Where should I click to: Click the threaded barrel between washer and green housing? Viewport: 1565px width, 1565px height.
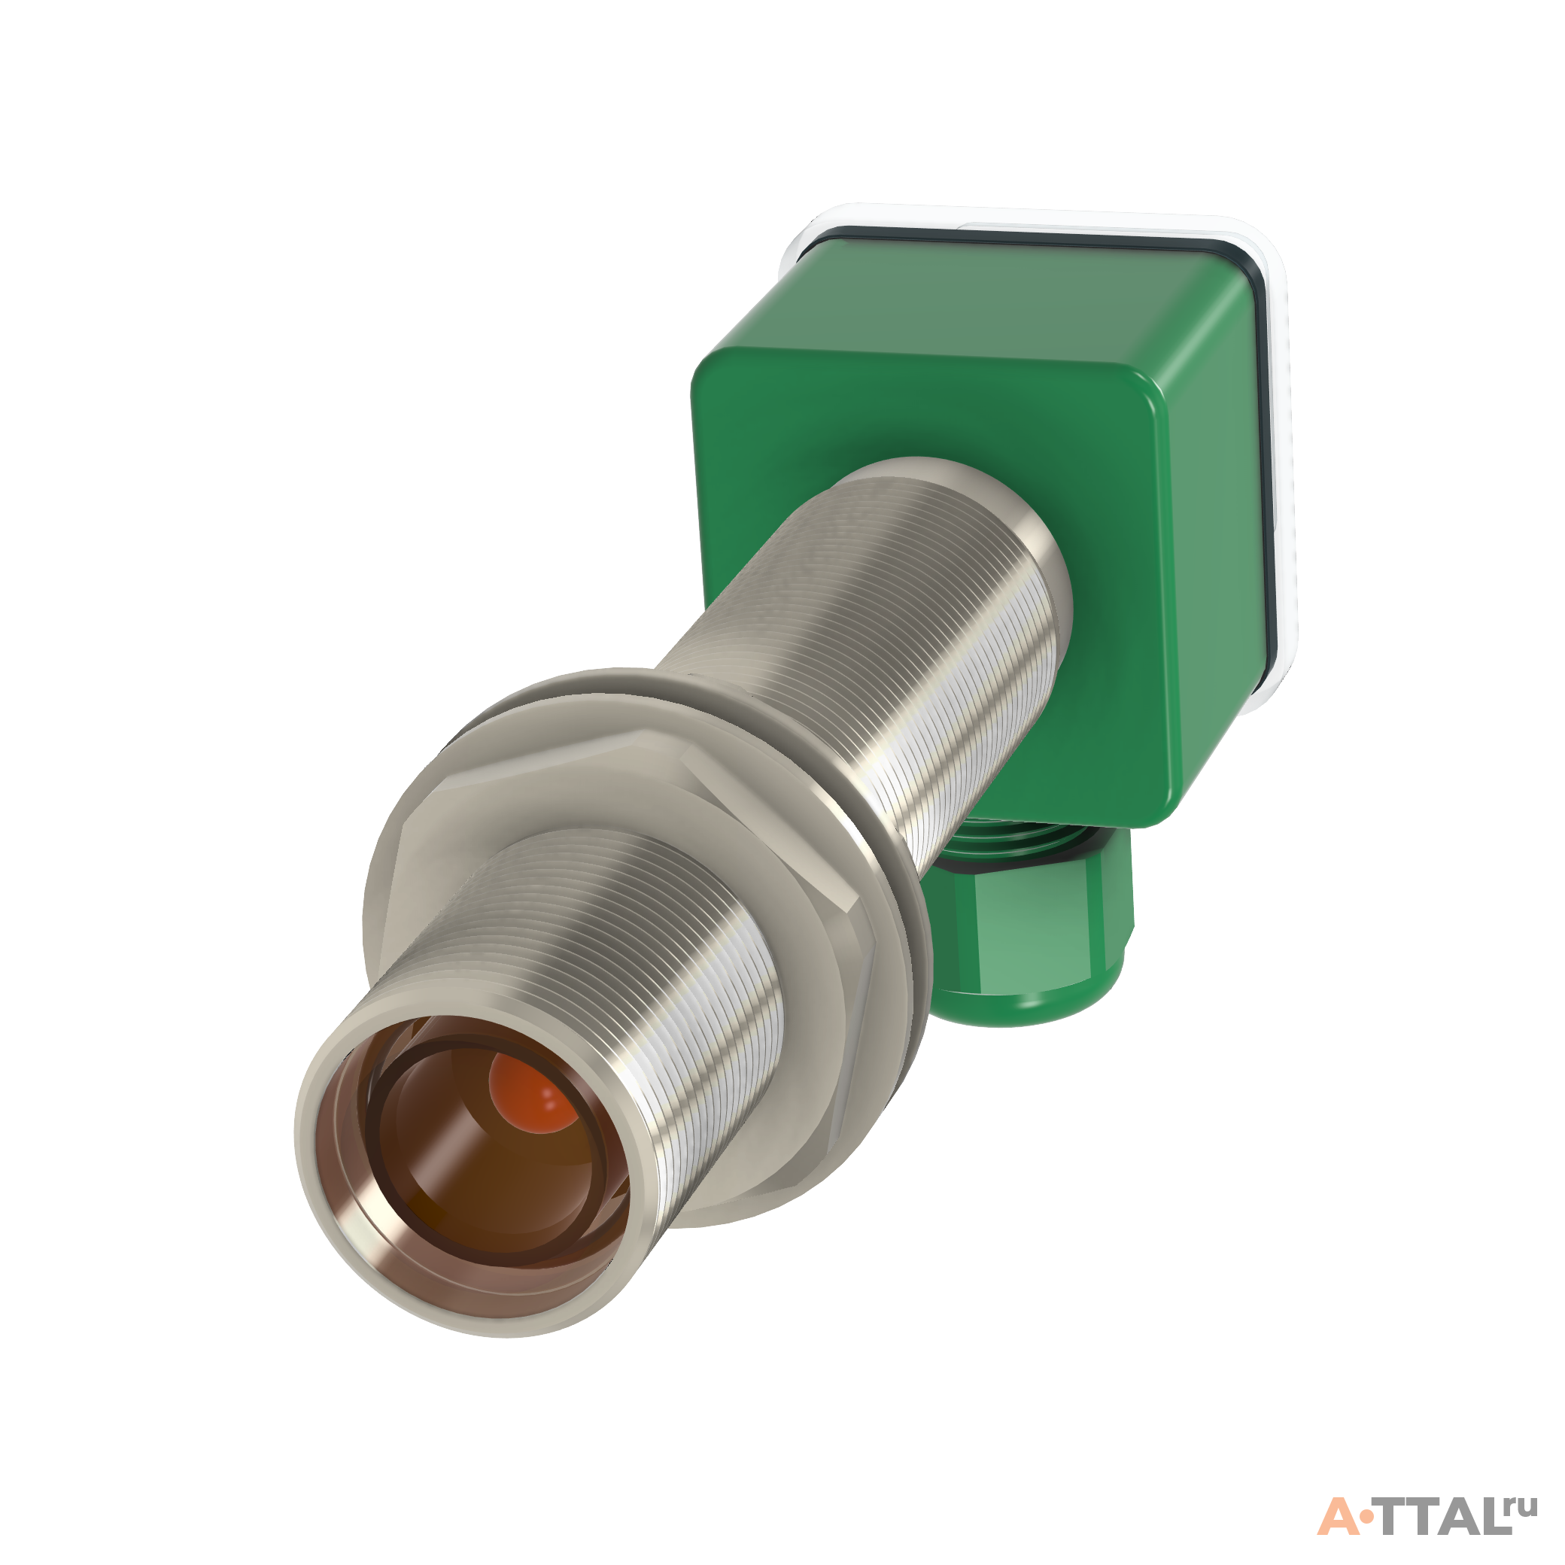click(875, 648)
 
